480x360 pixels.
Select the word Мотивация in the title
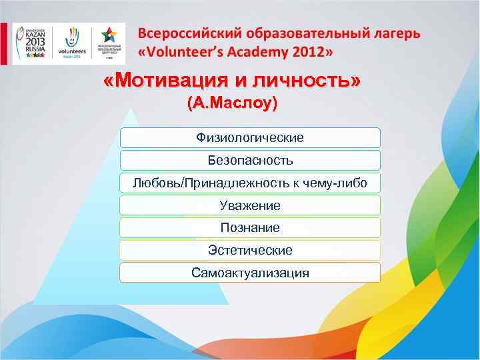[x=167, y=81]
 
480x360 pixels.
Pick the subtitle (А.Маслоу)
[x=233, y=104]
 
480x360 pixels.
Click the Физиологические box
[x=250, y=138]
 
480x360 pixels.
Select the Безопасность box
[x=250, y=161]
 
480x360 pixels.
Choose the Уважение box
[x=250, y=205]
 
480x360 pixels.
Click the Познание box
[x=250, y=228]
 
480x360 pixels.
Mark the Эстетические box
[x=250, y=251]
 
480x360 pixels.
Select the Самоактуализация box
[x=250, y=273]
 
